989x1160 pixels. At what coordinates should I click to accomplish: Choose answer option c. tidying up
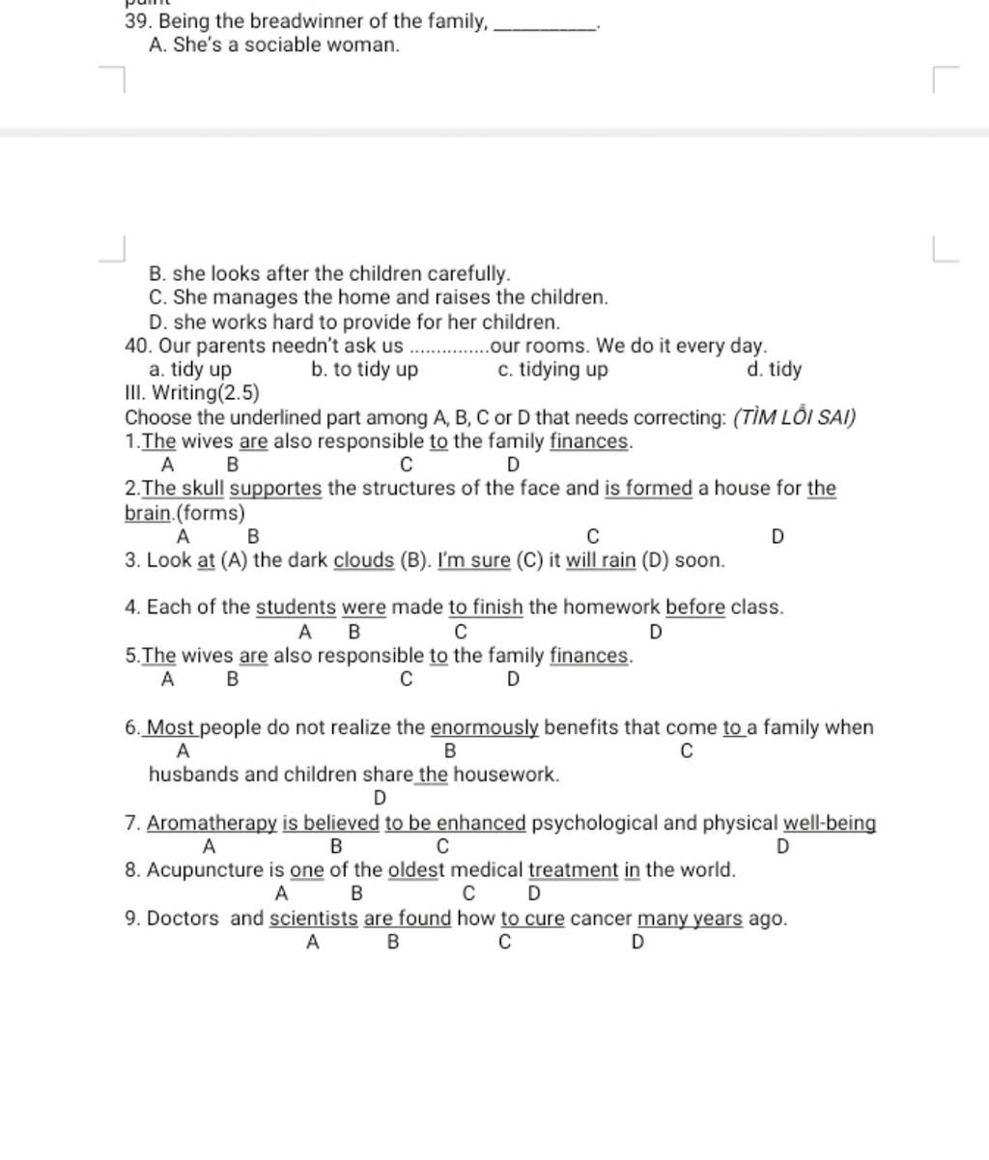point(552,370)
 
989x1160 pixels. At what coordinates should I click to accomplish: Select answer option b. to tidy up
point(365,370)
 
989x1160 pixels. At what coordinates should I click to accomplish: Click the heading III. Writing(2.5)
point(192,393)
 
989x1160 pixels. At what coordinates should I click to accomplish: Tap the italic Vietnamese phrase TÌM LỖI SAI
point(794,417)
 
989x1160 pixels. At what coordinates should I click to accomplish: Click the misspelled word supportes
point(275,488)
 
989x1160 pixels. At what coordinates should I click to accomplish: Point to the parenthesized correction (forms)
point(212,512)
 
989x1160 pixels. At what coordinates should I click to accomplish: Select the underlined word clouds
point(364,560)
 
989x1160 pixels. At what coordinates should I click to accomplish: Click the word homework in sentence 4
point(612,608)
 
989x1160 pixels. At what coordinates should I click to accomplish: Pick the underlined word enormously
point(484,727)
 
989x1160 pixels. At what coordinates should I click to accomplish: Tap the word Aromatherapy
point(212,824)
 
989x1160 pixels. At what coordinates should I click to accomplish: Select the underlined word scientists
point(313,919)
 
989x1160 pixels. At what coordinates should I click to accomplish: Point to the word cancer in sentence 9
point(601,919)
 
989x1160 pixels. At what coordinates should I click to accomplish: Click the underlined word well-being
point(830,824)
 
